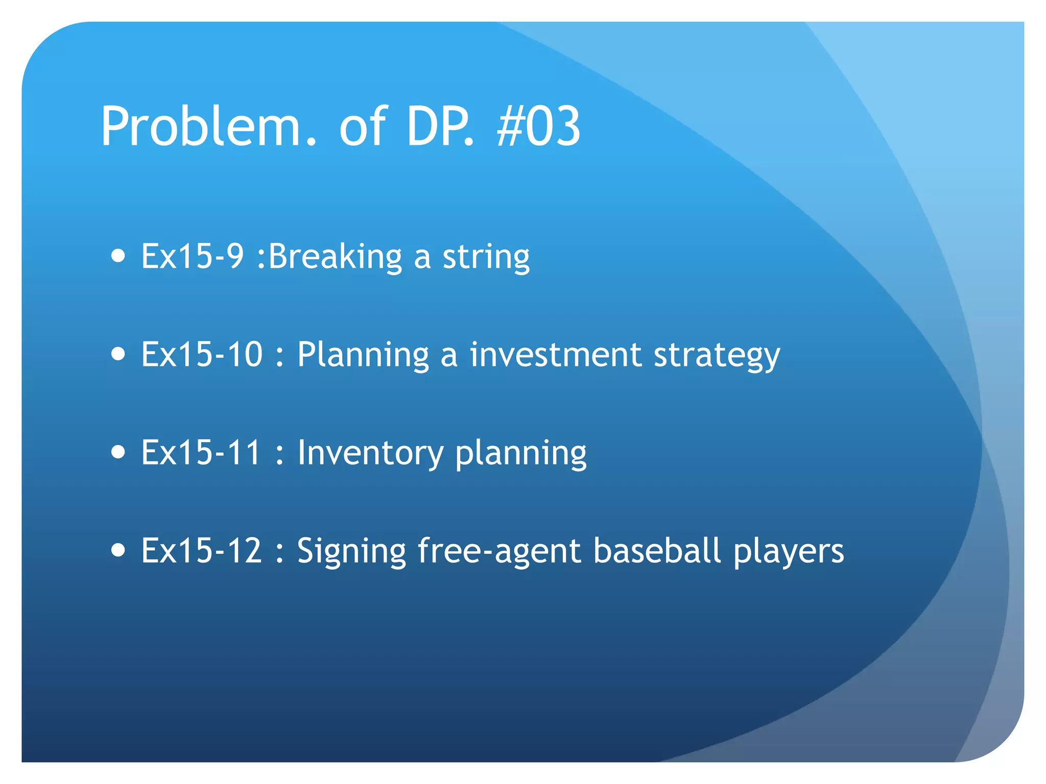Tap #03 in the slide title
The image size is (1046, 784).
point(538,126)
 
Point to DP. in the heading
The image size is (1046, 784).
point(440,126)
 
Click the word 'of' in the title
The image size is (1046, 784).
point(363,126)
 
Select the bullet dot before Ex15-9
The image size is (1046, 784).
point(118,255)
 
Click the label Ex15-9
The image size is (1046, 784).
point(193,256)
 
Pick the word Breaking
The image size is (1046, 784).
point(335,256)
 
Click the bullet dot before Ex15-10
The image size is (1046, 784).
point(118,353)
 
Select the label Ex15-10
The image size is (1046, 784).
point(202,354)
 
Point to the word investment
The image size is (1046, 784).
point(555,354)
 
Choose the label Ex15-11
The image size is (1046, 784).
point(201,452)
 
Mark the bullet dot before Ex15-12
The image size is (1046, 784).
point(118,550)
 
